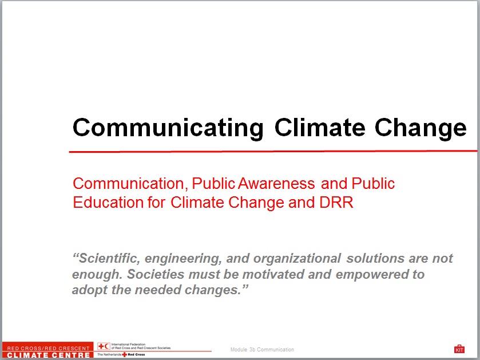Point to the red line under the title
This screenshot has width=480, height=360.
[x=273, y=151]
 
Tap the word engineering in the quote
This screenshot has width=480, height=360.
[x=185, y=259]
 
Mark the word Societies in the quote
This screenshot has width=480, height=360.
[x=152, y=274]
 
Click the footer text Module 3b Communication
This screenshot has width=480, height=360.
[x=262, y=350]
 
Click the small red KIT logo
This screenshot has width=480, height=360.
[x=459, y=349]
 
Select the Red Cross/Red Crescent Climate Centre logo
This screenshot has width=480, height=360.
[x=47, y=351]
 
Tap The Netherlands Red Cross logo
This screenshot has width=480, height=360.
[x=122, y=355]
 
